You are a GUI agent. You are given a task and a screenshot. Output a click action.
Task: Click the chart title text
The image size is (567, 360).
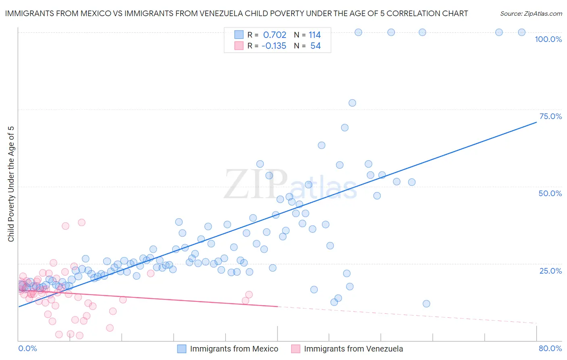236,13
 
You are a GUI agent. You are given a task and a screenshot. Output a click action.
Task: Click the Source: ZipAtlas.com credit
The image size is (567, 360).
531,13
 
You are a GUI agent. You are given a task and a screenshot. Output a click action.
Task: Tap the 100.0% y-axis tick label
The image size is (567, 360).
548,39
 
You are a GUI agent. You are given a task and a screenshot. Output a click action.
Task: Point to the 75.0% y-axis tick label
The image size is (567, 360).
550,116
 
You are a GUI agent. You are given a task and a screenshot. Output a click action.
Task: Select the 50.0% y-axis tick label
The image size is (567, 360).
550,193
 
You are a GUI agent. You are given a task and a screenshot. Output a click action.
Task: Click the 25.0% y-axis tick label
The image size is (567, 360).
550,270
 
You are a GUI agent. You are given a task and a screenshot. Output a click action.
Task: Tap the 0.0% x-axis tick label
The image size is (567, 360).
27,348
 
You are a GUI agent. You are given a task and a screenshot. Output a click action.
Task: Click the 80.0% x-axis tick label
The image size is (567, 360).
550,348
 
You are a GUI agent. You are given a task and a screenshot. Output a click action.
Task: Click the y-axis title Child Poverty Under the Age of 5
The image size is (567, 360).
11,184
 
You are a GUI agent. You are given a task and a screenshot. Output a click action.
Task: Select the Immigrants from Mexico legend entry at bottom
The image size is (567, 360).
234,349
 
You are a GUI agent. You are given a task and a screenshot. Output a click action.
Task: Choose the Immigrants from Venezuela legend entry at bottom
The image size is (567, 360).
353,349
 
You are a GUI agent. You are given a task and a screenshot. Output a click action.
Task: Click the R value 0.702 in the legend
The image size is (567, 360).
275,35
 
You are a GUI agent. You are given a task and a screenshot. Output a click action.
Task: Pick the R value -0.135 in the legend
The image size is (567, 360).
274,46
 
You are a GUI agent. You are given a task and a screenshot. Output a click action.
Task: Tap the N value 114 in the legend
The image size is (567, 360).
315,35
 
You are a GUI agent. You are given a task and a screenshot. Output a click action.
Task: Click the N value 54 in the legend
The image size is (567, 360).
315,46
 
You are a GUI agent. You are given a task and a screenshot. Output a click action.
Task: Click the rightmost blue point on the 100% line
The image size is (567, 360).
521,32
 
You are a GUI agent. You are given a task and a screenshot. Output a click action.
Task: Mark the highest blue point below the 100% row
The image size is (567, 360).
352,103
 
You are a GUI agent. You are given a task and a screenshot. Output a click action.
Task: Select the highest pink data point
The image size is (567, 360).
81,222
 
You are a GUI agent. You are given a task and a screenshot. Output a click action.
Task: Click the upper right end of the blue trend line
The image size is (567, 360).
536,122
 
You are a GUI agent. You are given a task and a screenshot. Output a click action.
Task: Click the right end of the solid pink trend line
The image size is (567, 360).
277,306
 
